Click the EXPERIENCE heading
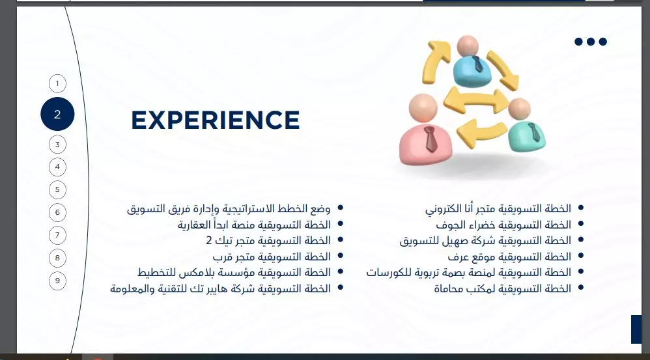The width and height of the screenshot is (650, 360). click(215, 120)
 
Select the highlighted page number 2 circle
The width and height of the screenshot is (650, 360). click(57, 114)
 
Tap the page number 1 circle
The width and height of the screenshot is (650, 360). click(57, 83)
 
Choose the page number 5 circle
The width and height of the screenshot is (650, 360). click(57, 189)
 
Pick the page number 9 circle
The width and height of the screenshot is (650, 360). click(57, 281)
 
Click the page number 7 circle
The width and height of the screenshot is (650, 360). click(57, 235)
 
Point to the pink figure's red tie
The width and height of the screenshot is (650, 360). click(430, 139)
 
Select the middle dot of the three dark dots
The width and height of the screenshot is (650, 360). click(591, 42)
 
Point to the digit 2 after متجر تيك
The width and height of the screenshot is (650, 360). click(208, 241)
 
